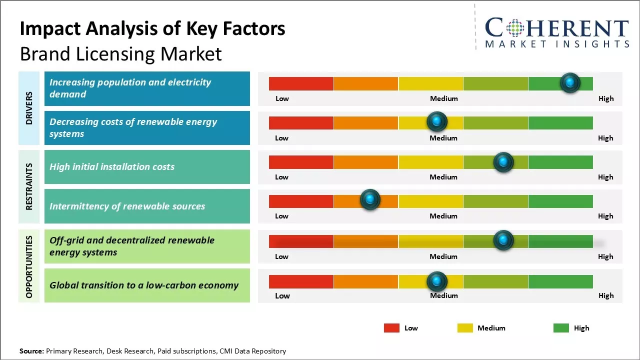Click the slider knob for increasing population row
[x=570, y=83]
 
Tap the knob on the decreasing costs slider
[x=437, y=121]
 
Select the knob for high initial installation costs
[x=503, y=162]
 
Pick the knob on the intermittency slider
[x=370, y=200]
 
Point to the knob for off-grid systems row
[x=503, y=240]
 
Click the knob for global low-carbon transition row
[x=437, y=281]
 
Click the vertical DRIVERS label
[x=29, y=108]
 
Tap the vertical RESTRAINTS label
[x=29, y=186]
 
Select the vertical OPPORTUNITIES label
[x=29, y=266]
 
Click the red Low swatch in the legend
[x=391, y=328]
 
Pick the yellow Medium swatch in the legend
[x=465, y=328]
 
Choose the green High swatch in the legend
[x=561, y=328]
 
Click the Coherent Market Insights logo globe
[x=515, y=28]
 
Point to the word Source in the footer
[x=31, y=351]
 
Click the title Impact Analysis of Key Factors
[x=152, y=28]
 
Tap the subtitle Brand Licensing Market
[x=120, y=53]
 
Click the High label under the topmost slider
[x=605, y=98]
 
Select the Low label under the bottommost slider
[x=282, y=295]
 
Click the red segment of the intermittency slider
[x=301, y=201]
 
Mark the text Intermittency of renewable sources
[x=127, y=206]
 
